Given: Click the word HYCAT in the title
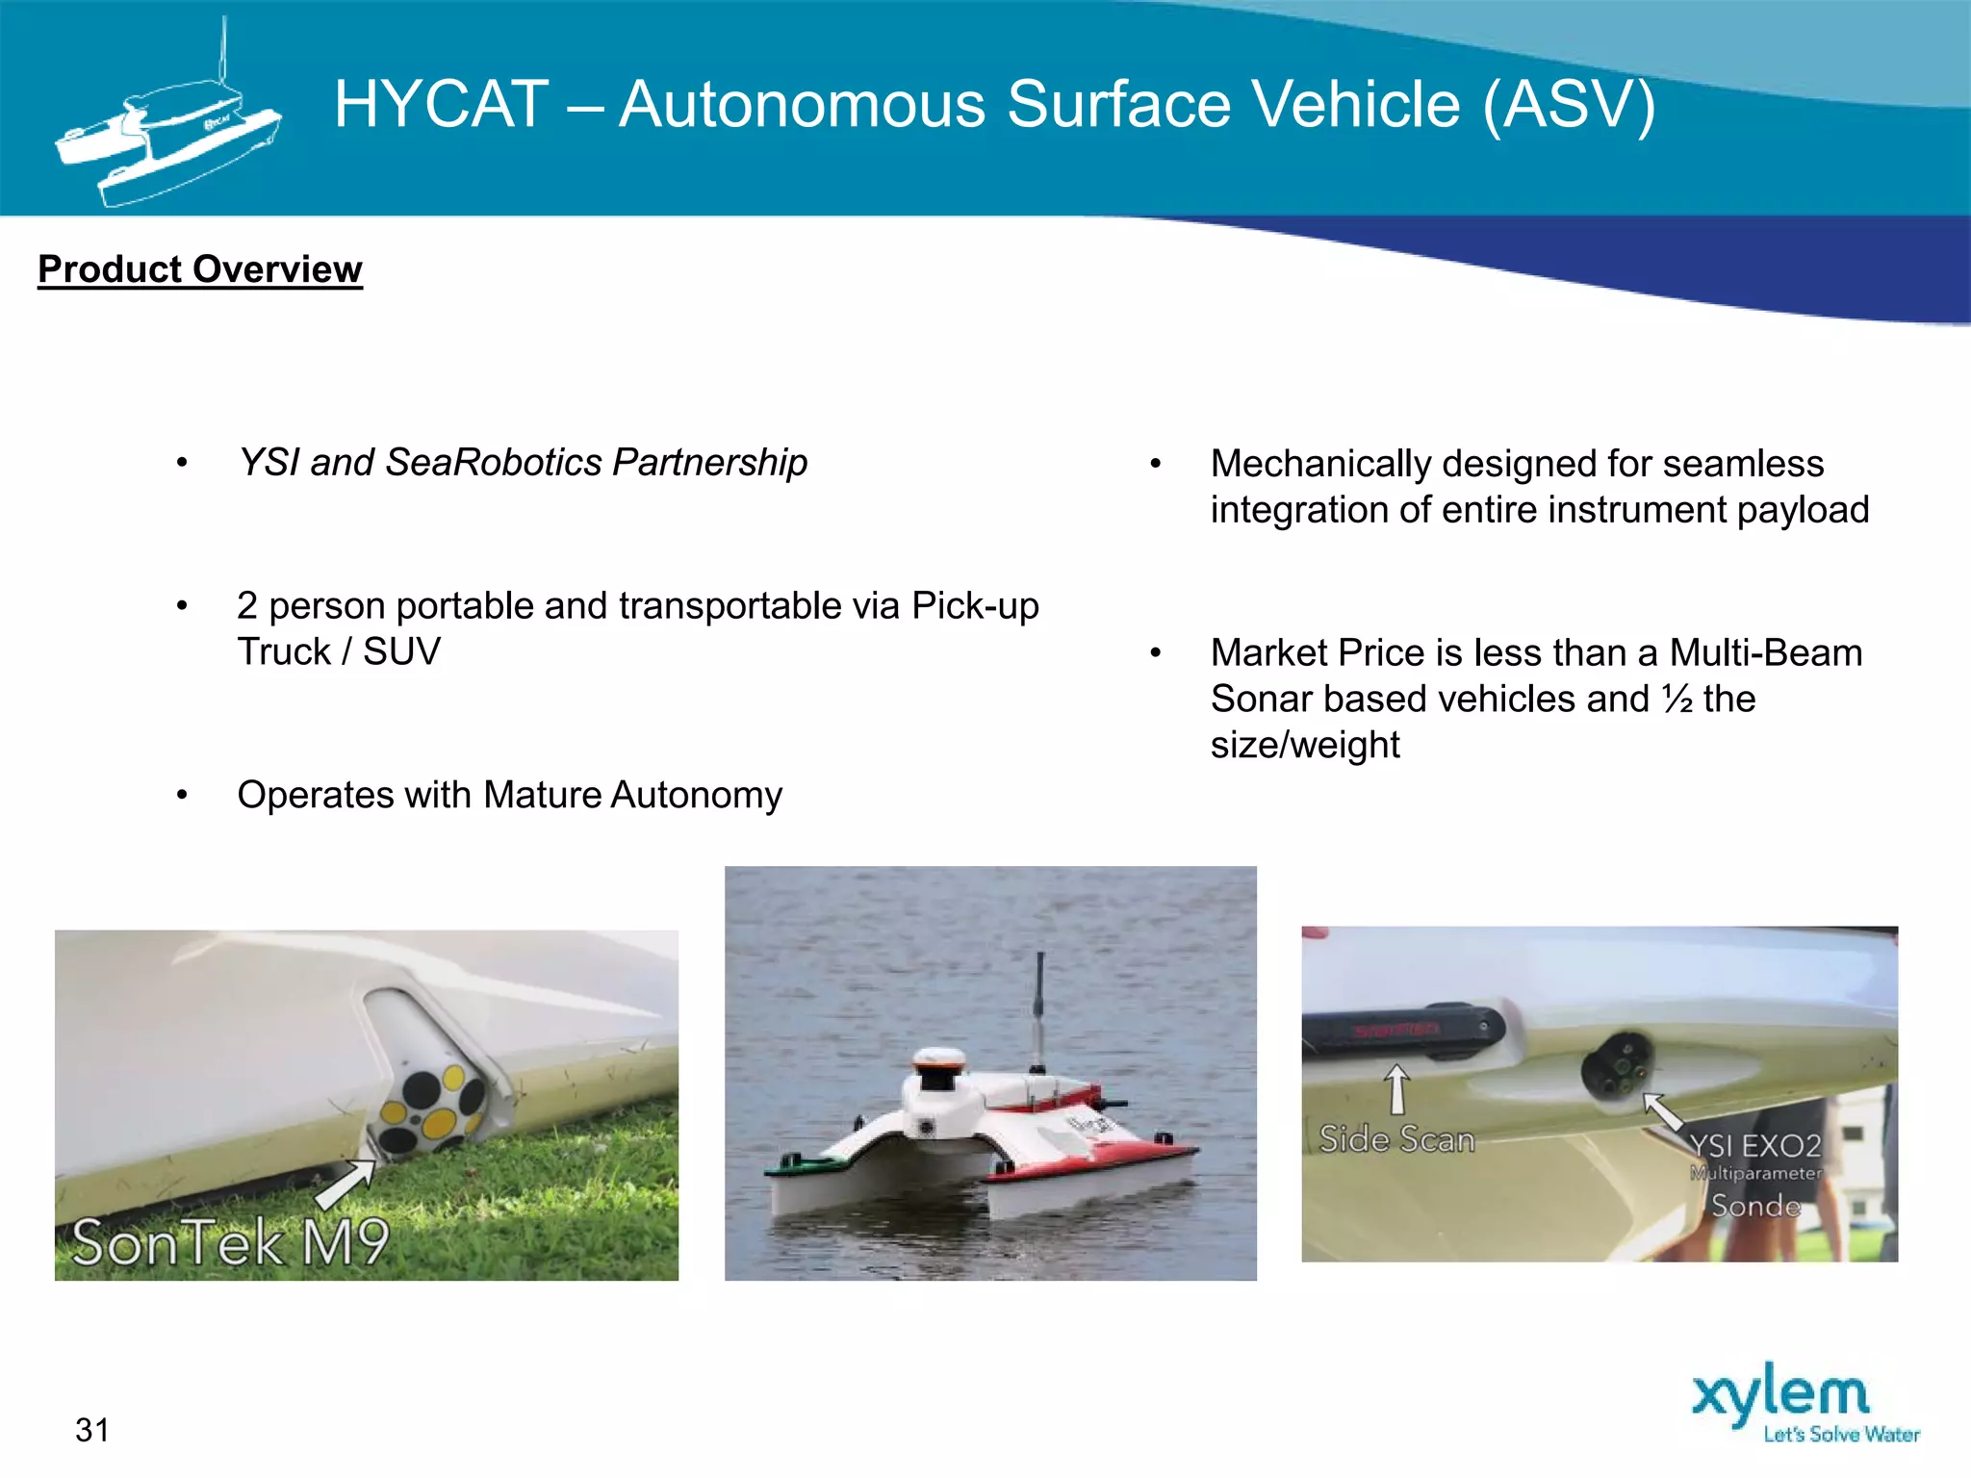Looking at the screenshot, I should click(x=441, y=104).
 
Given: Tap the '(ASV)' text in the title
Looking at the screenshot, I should click(x=1569, y=104).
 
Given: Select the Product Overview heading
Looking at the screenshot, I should click(x=200, y=269).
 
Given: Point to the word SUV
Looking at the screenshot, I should click(x=401, y=652).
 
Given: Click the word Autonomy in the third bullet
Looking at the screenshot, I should click(x=696, y=795).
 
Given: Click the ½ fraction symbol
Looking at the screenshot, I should click(x=1677, y=699).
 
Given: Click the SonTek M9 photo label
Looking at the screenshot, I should click(x=231, y=1241).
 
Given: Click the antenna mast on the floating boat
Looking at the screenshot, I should click(x=1039, y=1010).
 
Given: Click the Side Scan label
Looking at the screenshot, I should click(x=1396, y=1139).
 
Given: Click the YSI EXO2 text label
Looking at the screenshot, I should click(x=1755, y=1145).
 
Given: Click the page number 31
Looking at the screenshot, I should click(x=92, y=1430).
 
